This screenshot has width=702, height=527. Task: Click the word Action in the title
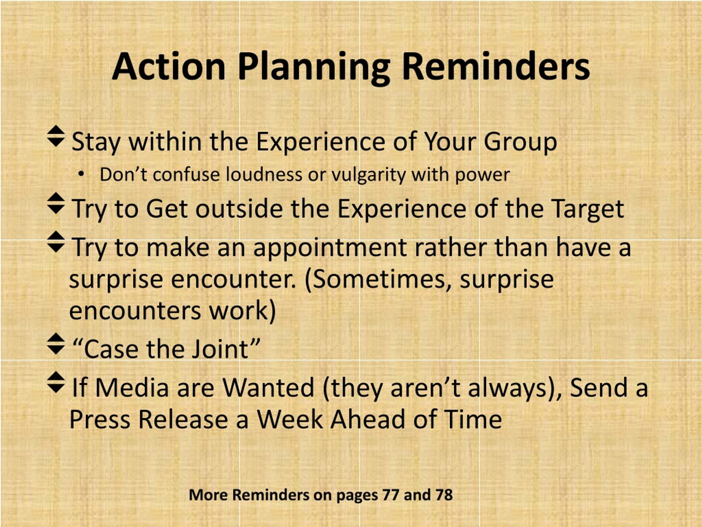[x=169, y=67]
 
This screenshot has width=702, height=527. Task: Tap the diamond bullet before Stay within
[x=56, y=136]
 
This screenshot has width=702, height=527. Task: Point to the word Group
[x=520, y=142]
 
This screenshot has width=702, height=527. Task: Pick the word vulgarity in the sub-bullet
[x=368, y=175]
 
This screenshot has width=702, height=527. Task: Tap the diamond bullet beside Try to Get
[x=56, y=203]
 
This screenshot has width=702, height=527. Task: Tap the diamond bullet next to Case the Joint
[x=56, y=344]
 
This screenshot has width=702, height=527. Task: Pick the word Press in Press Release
[x=100, y=419]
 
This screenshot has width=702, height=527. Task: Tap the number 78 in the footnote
[x=444, y=495]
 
